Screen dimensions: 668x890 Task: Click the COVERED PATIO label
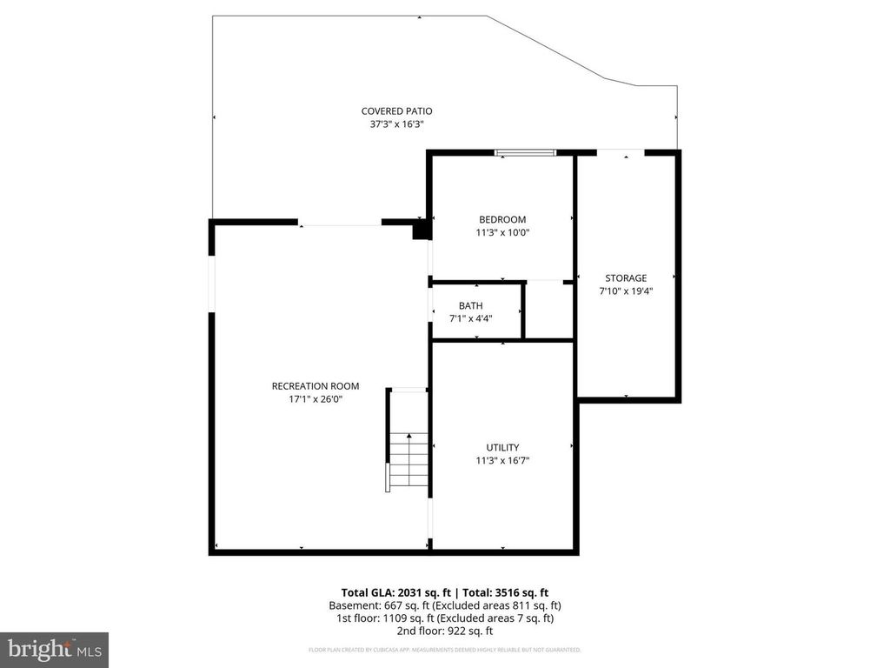point(396,110)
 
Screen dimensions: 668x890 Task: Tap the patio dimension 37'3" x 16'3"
point(396,124)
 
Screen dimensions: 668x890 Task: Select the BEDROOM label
point(502,219)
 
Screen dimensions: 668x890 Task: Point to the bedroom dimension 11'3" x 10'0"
point(502,232)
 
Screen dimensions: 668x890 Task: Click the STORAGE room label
point(626,278)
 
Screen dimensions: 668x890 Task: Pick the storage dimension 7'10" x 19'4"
point(626,291)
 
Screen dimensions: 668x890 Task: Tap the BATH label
point(471,305)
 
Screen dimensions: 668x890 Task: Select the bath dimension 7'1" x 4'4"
point(471,318)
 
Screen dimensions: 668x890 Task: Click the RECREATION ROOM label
point(315,386)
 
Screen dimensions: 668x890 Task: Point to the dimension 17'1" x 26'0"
point(315,399)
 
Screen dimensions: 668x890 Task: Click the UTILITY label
point(502,447)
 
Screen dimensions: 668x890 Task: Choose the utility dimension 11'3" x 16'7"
point(502,460)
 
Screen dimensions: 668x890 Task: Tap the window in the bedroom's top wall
point(525,153)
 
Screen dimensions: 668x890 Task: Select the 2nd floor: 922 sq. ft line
point(444,631)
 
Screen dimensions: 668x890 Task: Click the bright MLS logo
point(54,649)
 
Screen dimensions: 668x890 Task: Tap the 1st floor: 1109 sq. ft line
point(444,618)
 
